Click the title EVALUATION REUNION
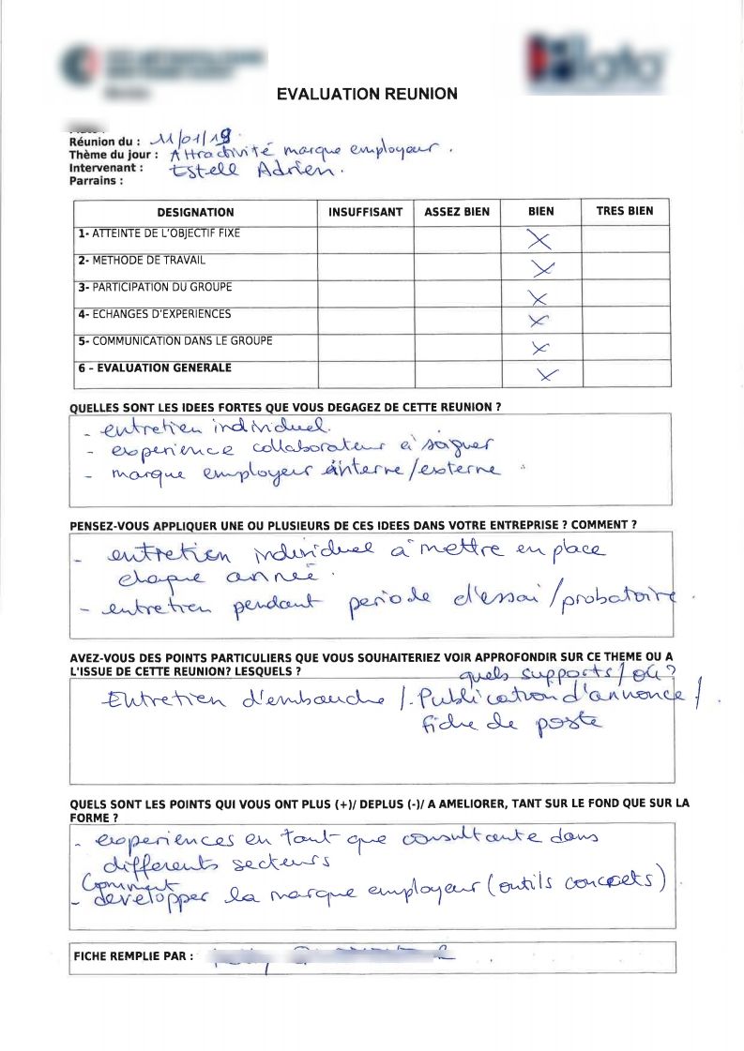coord(367,94)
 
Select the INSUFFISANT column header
coord(365,213)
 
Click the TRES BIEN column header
coord(625,212)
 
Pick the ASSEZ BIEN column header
coord(457,213)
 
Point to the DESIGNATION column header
coord(195,213)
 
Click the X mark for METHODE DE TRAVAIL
coord(541,269)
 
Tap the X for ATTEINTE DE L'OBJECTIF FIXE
coord(539,240)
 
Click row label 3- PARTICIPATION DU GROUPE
coord(155,287)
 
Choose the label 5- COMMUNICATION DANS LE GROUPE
coord(175,341)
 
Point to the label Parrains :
coord(97,181)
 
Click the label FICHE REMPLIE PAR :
coord(133,956)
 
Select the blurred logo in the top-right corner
coord(595,61)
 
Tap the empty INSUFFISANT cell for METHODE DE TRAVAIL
coord(365,265)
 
